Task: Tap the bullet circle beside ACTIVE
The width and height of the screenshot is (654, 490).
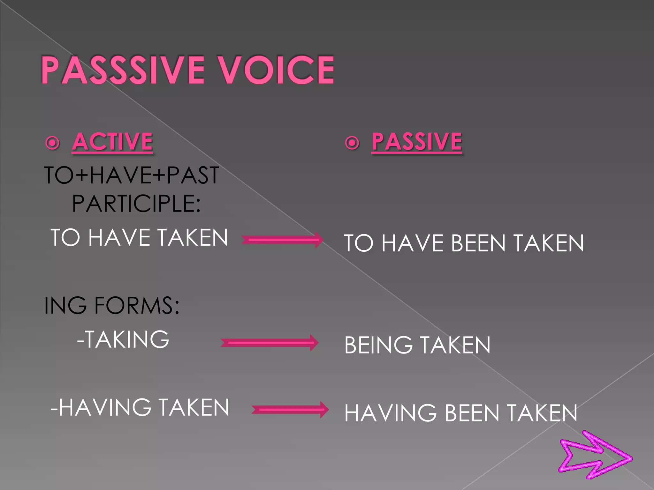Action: point(53,143)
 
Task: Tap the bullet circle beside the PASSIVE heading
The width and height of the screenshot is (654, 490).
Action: point(352,143)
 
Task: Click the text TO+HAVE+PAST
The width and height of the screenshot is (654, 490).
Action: point(132,175)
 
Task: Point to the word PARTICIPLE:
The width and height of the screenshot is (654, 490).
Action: point(136,204)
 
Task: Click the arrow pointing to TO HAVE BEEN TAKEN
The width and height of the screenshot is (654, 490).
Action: point(282,240)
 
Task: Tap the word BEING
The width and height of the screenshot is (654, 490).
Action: point(378,345)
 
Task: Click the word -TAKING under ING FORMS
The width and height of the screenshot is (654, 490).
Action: point(123,339)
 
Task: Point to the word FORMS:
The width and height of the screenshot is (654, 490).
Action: point(137,305)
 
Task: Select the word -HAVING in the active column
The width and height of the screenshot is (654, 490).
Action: point(101,408)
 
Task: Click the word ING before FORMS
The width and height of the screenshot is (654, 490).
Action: point(65,305)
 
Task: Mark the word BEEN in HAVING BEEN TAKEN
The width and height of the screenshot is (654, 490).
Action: point(472,413)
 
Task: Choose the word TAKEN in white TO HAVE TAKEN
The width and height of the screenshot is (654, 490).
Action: point(193,238)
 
